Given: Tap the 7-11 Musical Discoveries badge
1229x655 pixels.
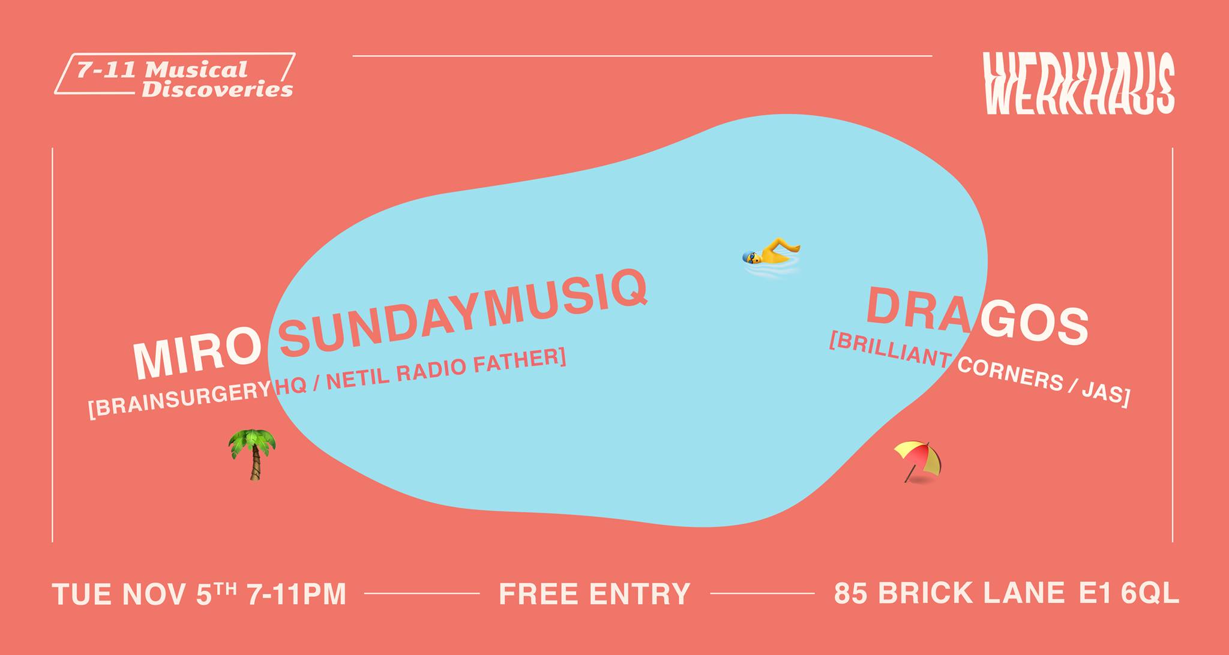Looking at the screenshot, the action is pyautogui.click(x=175, y=74).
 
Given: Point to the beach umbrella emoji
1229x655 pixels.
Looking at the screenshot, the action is pyautogui.click(x=918, y=462).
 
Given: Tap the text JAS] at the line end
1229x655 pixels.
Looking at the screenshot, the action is pyautogui.click(x=1108, y=395).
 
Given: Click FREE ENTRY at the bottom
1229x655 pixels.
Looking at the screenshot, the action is pyautogui.click(x=595, y=594).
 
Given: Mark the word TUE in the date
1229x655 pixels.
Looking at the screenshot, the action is pyautogui.click(x=82, y=594).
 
